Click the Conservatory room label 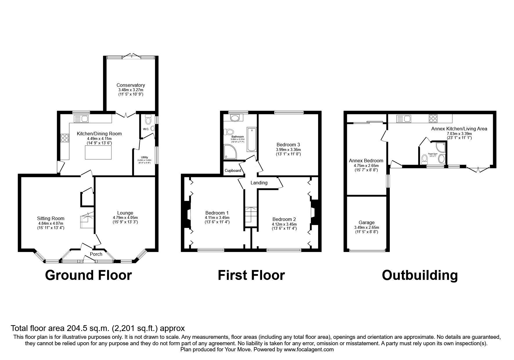[x=131, y=85]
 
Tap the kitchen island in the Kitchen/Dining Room [x=98, y=152]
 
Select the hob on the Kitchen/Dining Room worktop [x=64, y=138]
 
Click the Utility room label [x=144, y=157]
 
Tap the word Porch [x=96, y=254]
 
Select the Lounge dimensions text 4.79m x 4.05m [x=125, y=218]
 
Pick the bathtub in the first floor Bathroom [x=251, y=139]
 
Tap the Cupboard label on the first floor [x=233, y=170]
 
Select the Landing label [x=259, y=183]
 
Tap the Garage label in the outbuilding [x=367, y=223]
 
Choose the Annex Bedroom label [x=366, y=161]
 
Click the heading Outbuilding [x=420, y=275]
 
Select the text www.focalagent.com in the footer [x=309, y=350]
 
